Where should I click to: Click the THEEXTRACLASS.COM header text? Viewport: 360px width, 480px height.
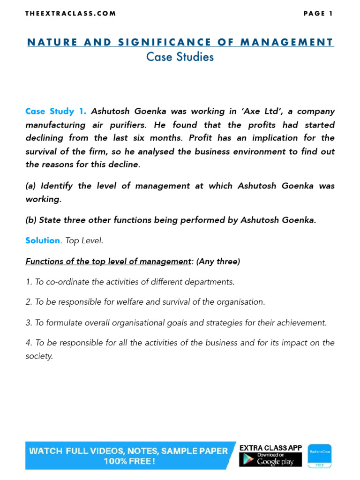coord(70,14)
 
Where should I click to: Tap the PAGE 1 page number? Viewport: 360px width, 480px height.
coord(318,14)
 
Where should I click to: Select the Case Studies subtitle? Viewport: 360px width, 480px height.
coord(180,57)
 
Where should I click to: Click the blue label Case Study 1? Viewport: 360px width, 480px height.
coord(56,112)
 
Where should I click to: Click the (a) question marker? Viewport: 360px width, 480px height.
coord(31,186)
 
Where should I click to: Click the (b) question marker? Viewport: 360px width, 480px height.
coord(31,220)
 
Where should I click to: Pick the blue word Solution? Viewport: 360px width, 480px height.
coord(43,241)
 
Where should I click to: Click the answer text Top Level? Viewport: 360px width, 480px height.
coord(84,241)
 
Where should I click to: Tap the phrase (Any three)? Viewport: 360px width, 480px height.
coord(218,262)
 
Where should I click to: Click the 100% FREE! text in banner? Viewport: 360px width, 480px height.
coord(129,462)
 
